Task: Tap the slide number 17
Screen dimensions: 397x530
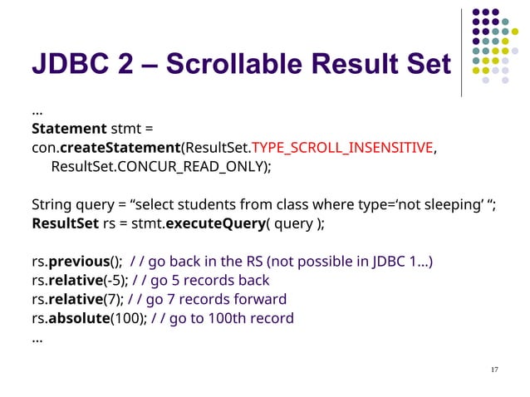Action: point(495,369)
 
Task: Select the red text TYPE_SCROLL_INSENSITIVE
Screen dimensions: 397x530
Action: point(342,148)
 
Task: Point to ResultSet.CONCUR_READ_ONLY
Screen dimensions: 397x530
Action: point(160,167)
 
